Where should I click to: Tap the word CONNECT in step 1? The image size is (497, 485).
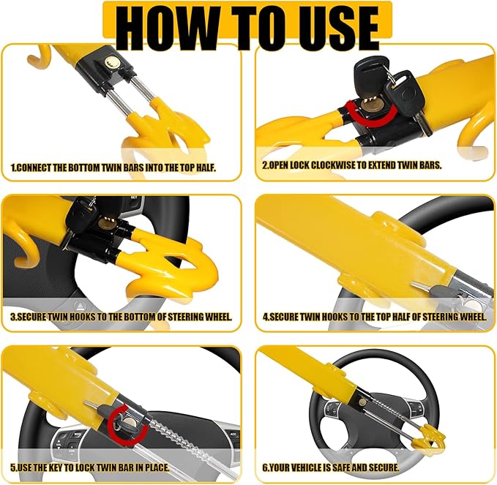pyautogui.click(x=34, y=168)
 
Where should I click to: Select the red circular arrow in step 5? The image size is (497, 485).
pyautogui.click(x=127, y=423)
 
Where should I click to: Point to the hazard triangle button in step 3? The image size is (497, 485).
pyautogui.click(x=81, y=307)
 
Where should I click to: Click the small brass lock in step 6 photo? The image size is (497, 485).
pyautogui.click(x=362, y=402)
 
